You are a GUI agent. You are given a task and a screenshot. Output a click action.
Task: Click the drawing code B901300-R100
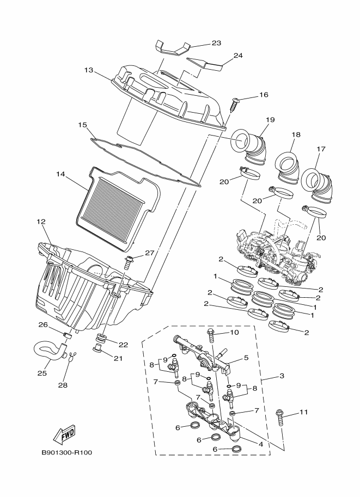click(x=67, y=452)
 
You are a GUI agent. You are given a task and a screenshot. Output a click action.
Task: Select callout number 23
click(x=216, y=43)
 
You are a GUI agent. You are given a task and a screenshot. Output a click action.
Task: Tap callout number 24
click(x=238, y=56)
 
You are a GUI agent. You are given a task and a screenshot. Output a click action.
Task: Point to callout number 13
click(x=89, y=70)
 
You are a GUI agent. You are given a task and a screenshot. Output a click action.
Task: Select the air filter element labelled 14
click(x=117, y=208)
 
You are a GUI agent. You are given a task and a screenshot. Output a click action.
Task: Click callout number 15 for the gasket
click(x=82, y=125)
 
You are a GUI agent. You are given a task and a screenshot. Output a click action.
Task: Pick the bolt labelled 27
click(x=129, y=263)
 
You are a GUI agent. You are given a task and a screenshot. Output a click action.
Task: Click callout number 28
click(x=63, y=385)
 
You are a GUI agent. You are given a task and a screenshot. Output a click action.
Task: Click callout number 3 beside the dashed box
click(x=282, y=376)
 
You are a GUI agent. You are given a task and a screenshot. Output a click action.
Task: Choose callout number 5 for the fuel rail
click(x=246, y=358)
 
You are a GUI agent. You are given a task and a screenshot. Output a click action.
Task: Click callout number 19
click(x=270, y=120)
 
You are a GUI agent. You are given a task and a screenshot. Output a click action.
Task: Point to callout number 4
click(x=261, y=444)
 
